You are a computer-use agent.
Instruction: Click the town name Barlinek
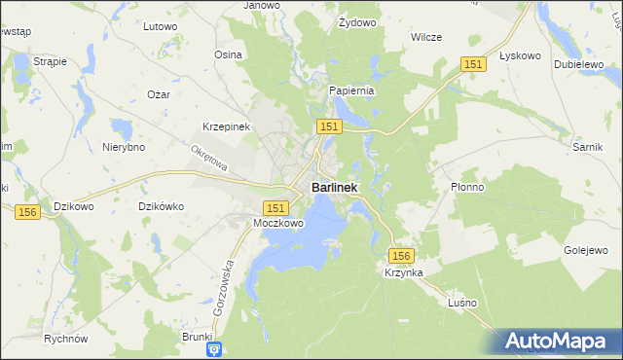point(334,187)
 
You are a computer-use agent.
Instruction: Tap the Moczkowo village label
point(278,223)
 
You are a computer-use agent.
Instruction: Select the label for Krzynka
point(403,273)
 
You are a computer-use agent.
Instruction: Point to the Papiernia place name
point(351,90)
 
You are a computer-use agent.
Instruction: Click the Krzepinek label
point(227,127)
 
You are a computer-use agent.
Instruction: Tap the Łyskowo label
point(519,55)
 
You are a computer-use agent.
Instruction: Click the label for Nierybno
point(124,148)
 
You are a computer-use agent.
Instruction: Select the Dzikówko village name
point(162,206)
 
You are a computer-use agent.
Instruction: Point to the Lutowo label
point(160,27)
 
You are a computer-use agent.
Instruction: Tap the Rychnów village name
point(66,339)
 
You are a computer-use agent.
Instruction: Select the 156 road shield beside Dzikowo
point(27,211)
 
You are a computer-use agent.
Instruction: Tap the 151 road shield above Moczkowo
point(275,207)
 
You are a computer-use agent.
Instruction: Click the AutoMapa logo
point(558,341)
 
